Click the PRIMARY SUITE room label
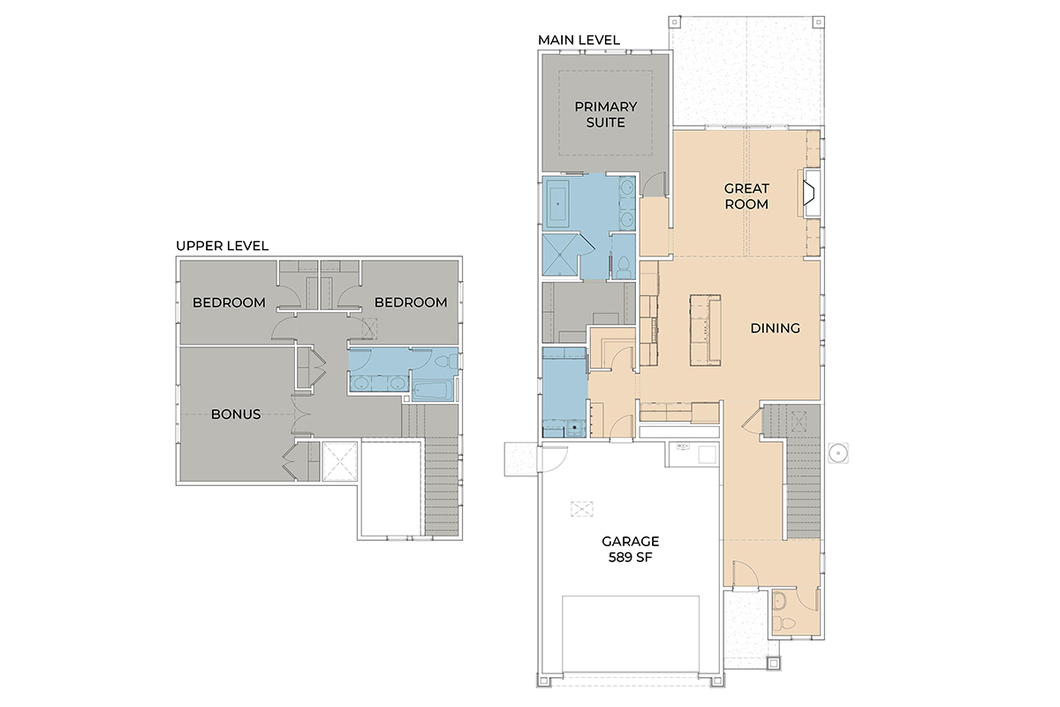point(606,115)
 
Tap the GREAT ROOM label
point(746,196)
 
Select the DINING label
point(776,328)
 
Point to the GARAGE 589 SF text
point(631,550)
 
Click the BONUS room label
point(236,414)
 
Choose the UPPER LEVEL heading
point(223,246)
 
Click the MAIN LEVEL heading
point(579,41)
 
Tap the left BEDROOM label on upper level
point(229,302)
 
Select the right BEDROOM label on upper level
point(411,302)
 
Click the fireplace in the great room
point(812,194)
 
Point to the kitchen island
point(705,330)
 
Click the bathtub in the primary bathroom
point(558,204)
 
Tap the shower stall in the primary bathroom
point(560,255)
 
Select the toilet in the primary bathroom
point(624,269)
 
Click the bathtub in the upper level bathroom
point(433,392)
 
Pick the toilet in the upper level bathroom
point(446,362)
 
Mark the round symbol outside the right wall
point(838,453)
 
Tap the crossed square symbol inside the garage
point(581,509)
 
